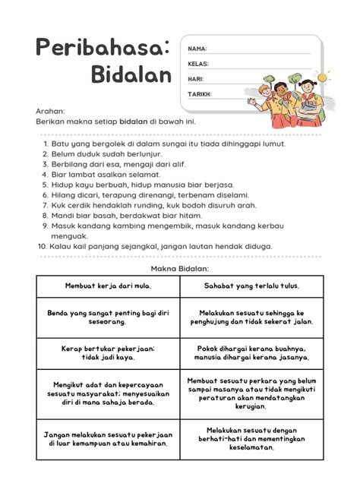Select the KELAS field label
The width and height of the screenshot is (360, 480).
(198, 64)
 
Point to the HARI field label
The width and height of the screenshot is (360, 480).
(196, 79)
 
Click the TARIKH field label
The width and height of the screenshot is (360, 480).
(200, 94)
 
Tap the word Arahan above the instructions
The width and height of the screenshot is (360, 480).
(49, 111)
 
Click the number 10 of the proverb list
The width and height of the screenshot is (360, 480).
(43, 246)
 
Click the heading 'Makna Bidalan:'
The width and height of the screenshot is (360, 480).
(180, 268)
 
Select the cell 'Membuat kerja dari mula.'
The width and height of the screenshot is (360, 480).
(108, 286)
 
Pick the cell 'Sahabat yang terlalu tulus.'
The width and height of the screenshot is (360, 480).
(251, 286)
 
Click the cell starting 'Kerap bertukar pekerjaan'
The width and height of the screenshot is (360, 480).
(108, 352)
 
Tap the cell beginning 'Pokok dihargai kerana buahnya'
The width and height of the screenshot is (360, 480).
(251, 352)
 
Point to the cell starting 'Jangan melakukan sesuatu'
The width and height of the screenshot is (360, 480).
(108, 440)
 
